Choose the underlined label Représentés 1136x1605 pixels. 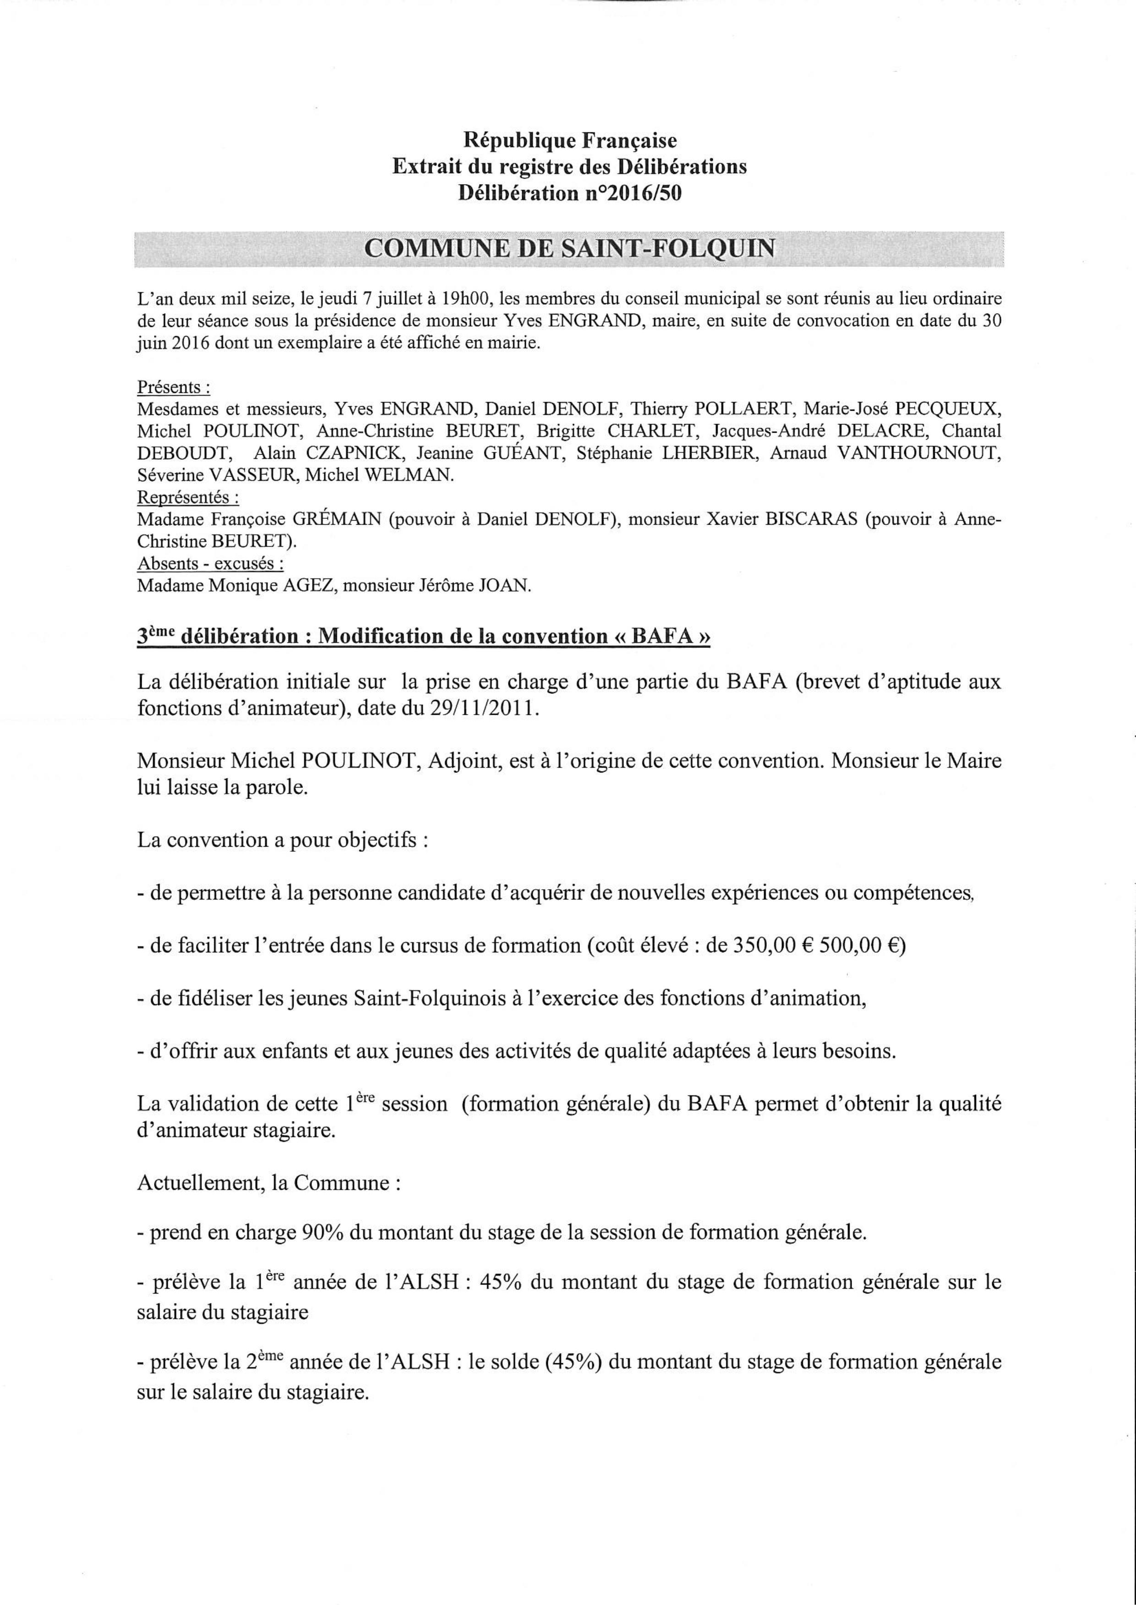click(187, 497)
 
